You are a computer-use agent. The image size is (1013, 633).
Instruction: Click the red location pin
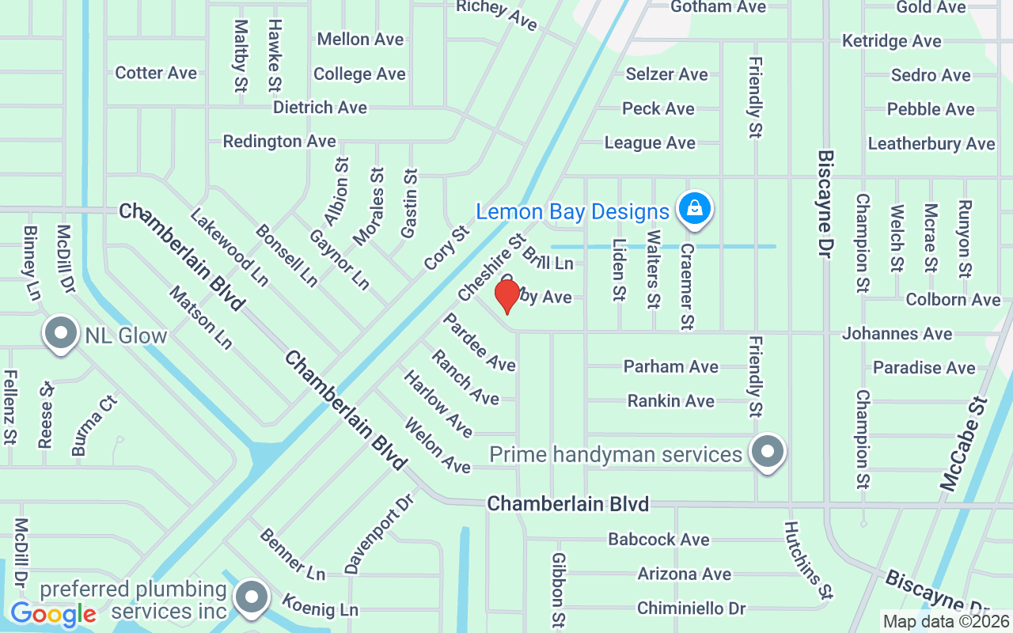point(507,295)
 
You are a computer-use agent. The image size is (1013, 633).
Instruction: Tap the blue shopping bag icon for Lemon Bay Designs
point(694,209)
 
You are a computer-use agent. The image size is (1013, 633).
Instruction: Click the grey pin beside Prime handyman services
point(766,452)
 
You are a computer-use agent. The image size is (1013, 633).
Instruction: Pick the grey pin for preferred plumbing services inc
point(252,598)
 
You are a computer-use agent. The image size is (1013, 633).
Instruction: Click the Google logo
point(53,613)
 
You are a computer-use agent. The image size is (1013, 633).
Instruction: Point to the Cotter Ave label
point(156,73)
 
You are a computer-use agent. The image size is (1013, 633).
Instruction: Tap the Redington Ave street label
point(279,142)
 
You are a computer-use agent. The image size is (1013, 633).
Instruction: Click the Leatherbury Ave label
point(931,144)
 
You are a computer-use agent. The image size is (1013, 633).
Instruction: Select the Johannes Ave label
point(897,334)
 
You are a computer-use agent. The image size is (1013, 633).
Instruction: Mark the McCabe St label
point(964,445)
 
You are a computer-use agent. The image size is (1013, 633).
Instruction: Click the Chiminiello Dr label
point(691,608)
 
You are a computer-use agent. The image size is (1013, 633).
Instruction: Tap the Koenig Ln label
point(320,605)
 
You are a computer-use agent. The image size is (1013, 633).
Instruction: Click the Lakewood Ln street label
point(230,247)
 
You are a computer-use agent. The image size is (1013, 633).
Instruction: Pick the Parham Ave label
point(671,366)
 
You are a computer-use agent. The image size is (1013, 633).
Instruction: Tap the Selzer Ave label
point(666,74)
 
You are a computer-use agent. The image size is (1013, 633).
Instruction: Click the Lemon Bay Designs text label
point(572,212)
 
